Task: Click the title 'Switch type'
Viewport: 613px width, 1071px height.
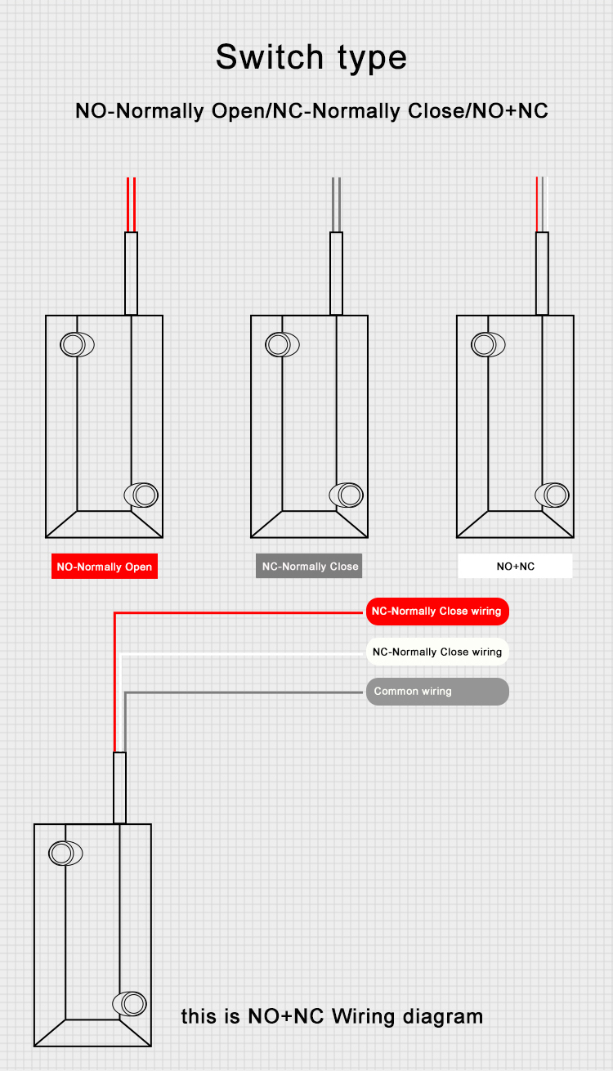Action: tap(311, 57)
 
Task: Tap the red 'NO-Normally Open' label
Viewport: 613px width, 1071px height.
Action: tap(104, 567)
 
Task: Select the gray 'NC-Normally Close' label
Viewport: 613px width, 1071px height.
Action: tap(309, 567)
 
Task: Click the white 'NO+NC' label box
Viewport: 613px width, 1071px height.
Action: tap(515, 566)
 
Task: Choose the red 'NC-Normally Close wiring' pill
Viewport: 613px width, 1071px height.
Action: tap(436, 612)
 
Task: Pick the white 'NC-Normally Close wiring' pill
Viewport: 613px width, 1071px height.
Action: tap(436, 652)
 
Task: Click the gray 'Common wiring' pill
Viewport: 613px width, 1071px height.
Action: tap(436, 692)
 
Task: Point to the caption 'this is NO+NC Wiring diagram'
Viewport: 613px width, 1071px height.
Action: tap(332, 1016)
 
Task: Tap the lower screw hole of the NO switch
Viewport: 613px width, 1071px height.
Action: tap(143, 495)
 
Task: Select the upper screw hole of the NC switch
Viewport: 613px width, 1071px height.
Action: tap(280, 344)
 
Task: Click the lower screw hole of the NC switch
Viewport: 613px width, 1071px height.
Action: tap(348, 495)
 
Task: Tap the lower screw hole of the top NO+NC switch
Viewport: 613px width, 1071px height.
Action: tap(554, 495)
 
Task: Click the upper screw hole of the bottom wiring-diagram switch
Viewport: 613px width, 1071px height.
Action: tap(64, 853)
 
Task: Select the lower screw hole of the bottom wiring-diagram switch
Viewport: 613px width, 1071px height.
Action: tap(132, 1003)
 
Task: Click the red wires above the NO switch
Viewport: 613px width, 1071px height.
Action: tap(131, 204)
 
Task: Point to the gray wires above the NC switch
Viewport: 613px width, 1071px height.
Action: tap(336, 204)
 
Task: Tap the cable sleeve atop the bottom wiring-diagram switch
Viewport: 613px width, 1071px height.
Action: tap(119, 787)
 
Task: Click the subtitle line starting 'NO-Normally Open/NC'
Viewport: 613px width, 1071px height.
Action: tap(311, 110)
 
